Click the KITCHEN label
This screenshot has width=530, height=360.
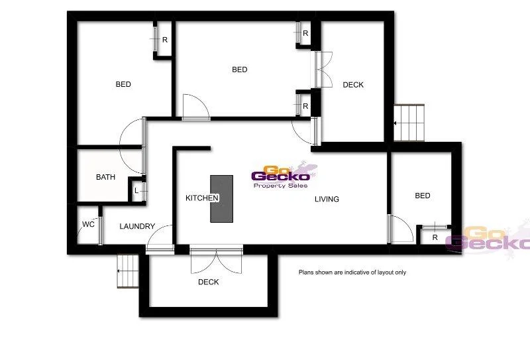pos(201,198)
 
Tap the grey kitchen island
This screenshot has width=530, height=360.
pos(222,199)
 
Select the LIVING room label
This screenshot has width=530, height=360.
pos(327,199)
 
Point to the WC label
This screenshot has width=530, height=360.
pos(88,224)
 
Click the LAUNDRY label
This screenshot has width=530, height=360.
pos(137,226)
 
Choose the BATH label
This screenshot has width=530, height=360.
pos(105,177)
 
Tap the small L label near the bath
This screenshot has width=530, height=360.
pos(136,191)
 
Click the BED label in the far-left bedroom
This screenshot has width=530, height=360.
pos(123,84)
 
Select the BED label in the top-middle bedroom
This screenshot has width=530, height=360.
pos(239,70)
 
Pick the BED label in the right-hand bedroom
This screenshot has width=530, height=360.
pos(422,196)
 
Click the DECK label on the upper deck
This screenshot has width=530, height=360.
pos(353,85)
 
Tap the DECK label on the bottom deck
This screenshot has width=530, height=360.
pos(209,282)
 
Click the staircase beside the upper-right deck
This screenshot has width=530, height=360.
pos(408,123)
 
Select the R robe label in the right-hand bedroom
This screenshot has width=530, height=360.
pos(435,237)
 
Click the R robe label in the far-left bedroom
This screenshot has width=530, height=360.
pos(164,40)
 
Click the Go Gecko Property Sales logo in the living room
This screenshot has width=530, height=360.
pos(281,177)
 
